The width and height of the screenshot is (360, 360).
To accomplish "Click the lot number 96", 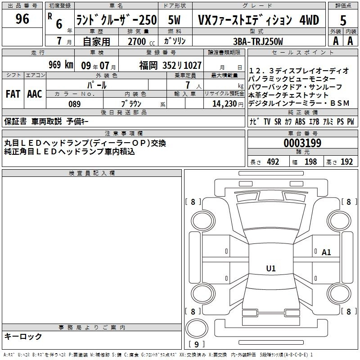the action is pyautogui.click(x=22, y=18).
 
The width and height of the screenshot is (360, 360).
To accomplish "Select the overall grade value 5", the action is pyautogui.click(x=343, y=21).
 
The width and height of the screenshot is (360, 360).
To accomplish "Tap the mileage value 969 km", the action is pyautogui.click(x=61, y=64).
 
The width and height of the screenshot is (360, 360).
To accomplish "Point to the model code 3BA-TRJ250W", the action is pyautogui.click(x=258, y=41).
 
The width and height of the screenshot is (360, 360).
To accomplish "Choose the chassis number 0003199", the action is pyautogui.click(x=302, y=143).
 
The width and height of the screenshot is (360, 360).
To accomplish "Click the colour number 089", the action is pyautogui.click(x=74, y=104).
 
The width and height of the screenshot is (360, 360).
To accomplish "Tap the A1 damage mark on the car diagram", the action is pyautogui.click(x=326, y=252).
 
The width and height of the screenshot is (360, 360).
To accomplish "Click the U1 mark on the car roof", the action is pyautogui.click(x=271, y=268).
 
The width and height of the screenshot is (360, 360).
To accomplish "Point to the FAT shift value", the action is pyautogui.click(x=13, y=94).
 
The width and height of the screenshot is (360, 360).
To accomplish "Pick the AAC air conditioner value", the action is pyautogui.click(x=35, y=94).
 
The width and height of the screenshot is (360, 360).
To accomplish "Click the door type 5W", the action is pyautogui.click(x=174, y=20).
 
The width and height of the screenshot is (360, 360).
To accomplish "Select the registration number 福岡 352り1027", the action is pyautogui.click(x=170, y=65).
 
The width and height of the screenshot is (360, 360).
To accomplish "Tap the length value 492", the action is pyautogui.click(x=273, y=162).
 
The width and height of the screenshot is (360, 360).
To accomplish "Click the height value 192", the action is pyautogui.click(x=346, y=162).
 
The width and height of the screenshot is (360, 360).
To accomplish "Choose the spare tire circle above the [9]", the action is pyautogui.click(x=197, y=328).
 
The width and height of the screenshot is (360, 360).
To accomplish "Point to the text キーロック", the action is pyautogui.click(x=23, y=336).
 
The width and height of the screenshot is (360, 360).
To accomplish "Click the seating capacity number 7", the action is pyautogui.click(x=188, y=85).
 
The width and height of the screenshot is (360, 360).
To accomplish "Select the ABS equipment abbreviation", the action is pyautogui.click(x=300, y=121).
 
